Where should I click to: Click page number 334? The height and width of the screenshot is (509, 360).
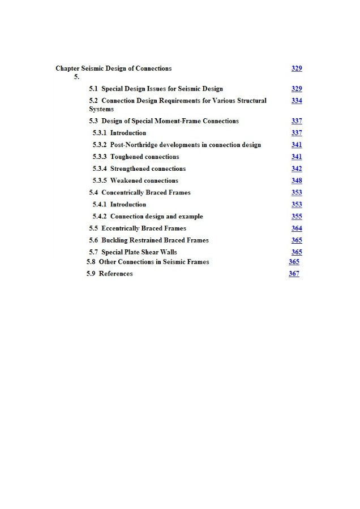tap(297, 101)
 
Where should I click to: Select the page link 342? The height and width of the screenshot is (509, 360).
tap(297, 169)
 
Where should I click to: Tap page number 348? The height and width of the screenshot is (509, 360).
tap(297, 180)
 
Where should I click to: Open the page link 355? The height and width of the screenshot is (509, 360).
tap(297, 216)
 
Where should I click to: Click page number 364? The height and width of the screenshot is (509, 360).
tap(297, 228)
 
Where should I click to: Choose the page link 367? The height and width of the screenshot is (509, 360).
tap(294, 274)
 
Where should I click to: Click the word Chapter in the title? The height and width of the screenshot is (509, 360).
tap(67, 68)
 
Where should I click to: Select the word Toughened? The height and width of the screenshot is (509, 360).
tap(128, 157)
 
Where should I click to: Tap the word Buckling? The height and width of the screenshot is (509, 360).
tap(115, 240)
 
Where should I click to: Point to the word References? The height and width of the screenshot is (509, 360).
tap(115, 274)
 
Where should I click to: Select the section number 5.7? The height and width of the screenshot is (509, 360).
tap(93, 252)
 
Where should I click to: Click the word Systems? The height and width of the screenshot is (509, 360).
tap(101, 109)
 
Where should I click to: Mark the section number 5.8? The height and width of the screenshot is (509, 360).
tap(91, 262)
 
